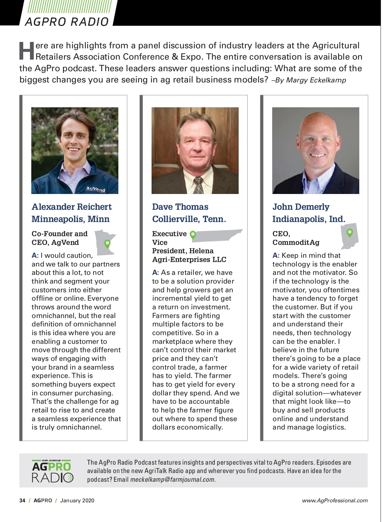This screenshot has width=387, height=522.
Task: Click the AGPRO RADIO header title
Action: click(67, 22)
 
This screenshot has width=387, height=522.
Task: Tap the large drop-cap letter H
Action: click(26, 51)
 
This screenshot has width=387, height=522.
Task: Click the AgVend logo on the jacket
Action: click(96, 189)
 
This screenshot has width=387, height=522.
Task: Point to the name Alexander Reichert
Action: click(72, 207)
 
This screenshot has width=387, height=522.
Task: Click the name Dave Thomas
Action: click(180, 207)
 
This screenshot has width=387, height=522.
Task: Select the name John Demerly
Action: click(301, 207)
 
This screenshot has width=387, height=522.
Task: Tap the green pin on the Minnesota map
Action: click(108, 243)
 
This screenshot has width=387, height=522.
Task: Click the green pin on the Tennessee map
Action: click(193, 235)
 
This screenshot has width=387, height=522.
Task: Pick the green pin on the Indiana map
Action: click(349, 232)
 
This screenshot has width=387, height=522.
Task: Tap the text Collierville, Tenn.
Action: click(189, 219)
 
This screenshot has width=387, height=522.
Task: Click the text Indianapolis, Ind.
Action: click(309, 219)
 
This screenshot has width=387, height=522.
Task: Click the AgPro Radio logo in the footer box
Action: click(53, 471)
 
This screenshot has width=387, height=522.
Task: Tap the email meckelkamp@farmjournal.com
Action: click(173, 479)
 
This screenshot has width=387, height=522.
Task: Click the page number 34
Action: click(22, 500)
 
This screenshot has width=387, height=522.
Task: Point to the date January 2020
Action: click(77, 500)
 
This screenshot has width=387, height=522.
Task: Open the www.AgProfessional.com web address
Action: click(335, 500)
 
